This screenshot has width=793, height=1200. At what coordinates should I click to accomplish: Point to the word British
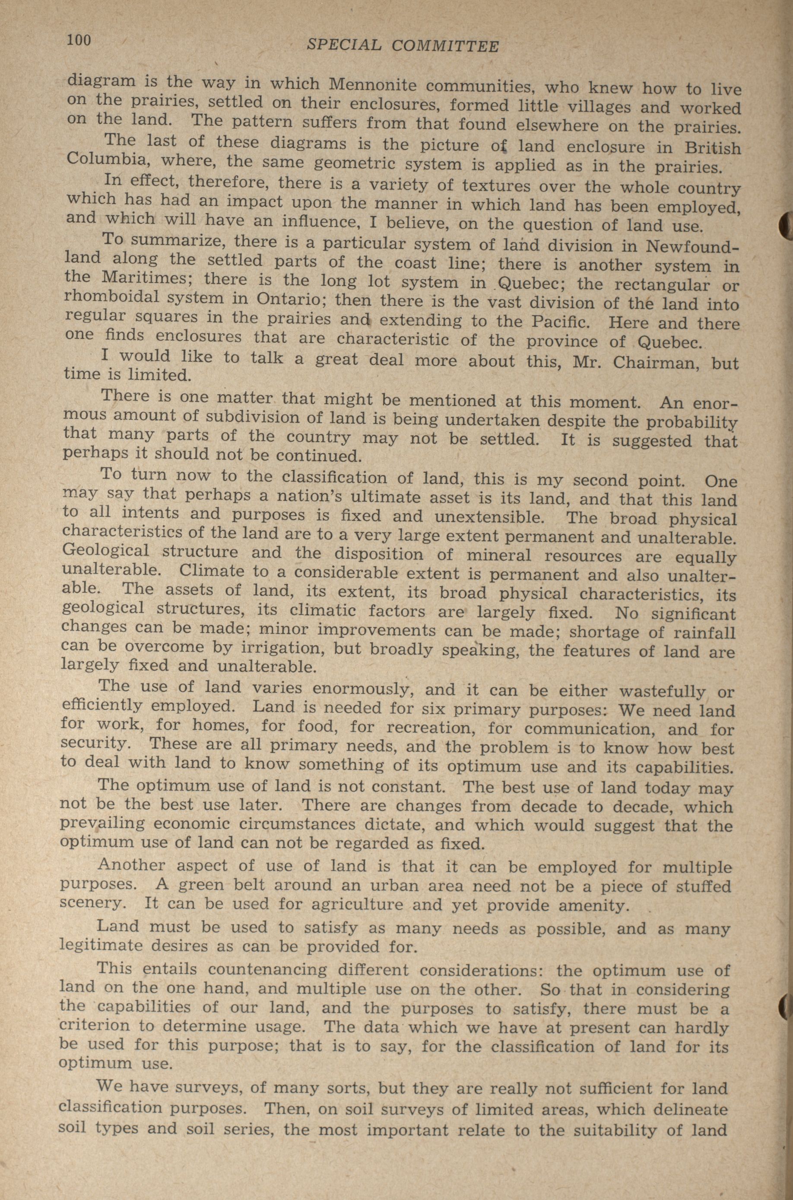713,147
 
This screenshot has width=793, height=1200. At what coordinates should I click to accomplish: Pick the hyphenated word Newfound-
693,246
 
